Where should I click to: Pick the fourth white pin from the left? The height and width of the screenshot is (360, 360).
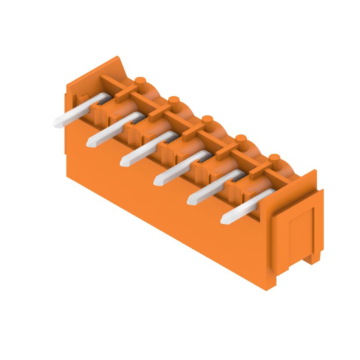(180, 168)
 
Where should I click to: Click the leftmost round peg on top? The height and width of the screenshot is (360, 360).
(140, 81)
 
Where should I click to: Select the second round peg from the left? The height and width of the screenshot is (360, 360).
(174, 100)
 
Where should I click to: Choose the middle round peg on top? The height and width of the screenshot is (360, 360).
(207, 120)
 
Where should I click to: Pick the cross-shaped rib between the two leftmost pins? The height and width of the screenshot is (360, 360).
(125, 93)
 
